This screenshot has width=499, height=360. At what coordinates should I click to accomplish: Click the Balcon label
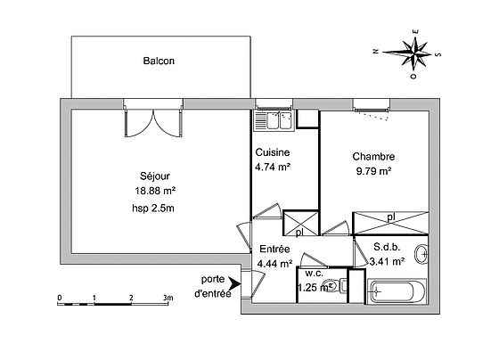(159, 61)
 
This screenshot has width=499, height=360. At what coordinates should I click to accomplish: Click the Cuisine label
(272, 152)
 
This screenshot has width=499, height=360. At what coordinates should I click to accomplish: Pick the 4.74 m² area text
(272, 166)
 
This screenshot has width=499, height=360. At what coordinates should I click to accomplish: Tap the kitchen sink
(275, 119)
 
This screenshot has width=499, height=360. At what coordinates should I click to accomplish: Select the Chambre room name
(372, 157)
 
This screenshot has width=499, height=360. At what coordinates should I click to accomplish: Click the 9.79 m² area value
(372, 171)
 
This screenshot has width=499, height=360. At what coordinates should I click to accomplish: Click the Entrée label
(274, 250)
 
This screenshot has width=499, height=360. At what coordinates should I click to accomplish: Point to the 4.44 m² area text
(274, 264)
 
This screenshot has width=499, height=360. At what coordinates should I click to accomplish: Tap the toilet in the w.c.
(331, 286)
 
